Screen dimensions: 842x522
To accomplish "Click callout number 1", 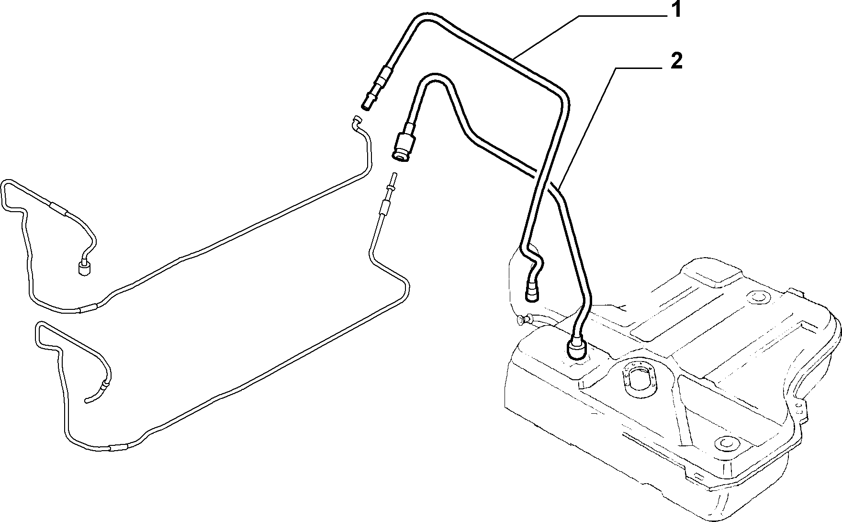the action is [x=675, y=10].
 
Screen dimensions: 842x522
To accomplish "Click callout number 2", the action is [x=675, y=61].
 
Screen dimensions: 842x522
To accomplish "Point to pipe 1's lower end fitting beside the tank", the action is [x=531, y=293].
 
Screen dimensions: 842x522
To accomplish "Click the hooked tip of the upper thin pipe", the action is [x=356, y=121].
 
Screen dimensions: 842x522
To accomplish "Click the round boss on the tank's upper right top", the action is [x=759, y=297].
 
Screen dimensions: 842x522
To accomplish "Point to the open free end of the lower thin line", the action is [x=86, y=401].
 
